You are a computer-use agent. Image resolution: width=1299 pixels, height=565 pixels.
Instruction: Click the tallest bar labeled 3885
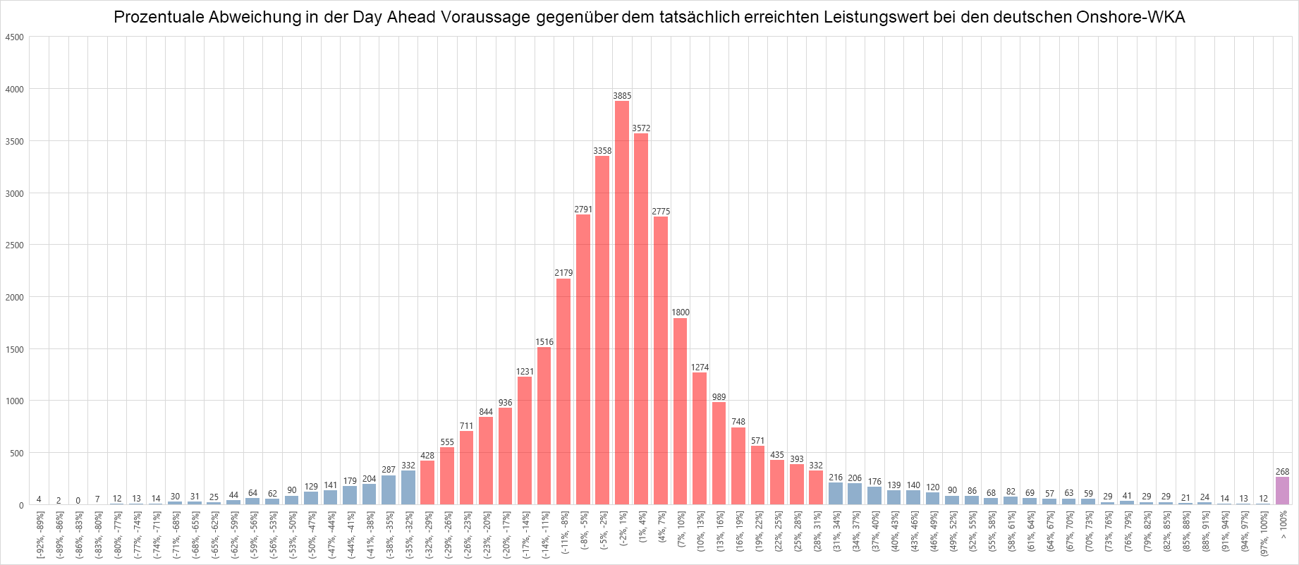[x=622, y=303]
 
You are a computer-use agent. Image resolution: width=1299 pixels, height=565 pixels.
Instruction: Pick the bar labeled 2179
[x=563, y=391]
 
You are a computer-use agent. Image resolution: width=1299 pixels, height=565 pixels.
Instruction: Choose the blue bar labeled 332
[x=408, y=487]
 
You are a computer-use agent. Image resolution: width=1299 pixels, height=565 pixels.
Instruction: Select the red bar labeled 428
[x=427, y=482]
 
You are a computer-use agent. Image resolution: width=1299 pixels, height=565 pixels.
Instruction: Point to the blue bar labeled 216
[x=836, y=494]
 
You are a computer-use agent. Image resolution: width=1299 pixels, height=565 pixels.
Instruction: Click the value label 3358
[x=602, y=151]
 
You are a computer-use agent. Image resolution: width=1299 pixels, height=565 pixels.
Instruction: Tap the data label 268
[x=1282, y=472]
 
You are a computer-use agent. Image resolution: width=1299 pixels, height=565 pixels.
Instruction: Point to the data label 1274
[x=700, y=367]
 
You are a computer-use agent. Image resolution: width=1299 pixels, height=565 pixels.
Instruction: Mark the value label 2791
[x=583, y=209]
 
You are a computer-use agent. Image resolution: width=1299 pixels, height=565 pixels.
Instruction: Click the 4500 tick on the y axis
[x=14, y=37]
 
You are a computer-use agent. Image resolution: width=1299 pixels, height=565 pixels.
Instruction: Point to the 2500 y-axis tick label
[x=14, y=245]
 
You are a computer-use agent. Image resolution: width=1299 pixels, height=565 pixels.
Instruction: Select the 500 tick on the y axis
[x=16, y=453]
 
